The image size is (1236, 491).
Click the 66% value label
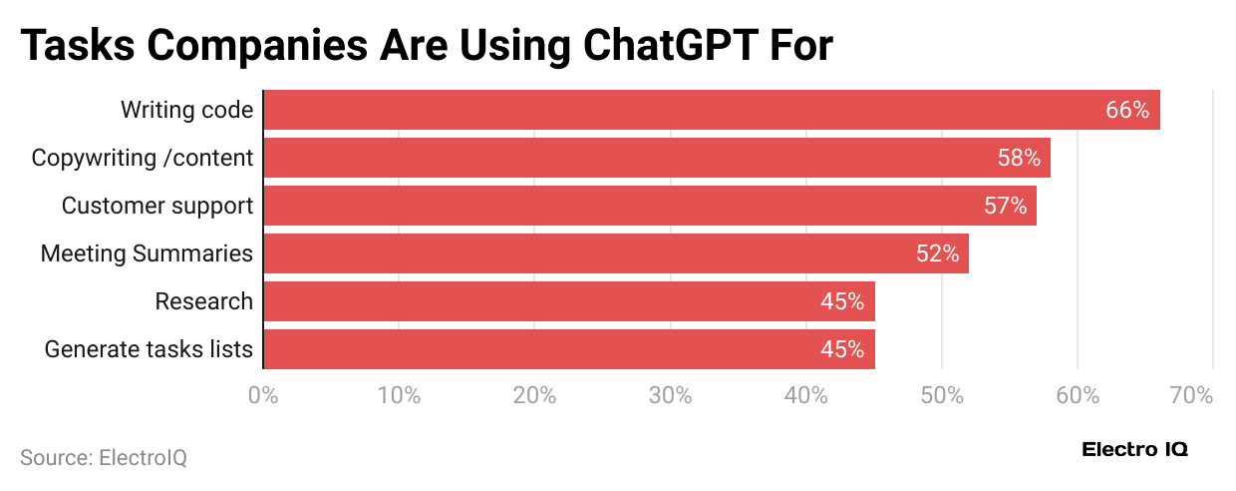point(1127,110)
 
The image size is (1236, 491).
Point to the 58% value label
point(1019,158)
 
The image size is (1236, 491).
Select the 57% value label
point(1005,206)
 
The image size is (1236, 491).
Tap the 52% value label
point(937,253)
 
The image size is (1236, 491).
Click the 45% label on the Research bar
point(842,301)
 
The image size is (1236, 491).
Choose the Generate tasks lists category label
point(149,349)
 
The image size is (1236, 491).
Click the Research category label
point(203,301)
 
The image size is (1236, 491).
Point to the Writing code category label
point(186,110)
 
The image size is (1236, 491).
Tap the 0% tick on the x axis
point(262,395)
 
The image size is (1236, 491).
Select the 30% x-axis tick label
point(670,395)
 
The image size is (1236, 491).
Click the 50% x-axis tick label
point(941,395)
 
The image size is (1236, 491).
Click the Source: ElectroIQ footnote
point(104,458)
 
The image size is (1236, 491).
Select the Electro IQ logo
point(1134,450)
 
